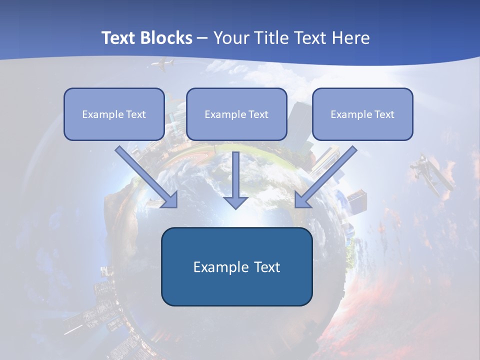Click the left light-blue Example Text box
[114, 114]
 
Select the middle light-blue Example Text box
[236, 114]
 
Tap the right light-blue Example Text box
[362, 114]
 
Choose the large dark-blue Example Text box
[236, 266]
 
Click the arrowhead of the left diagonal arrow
[170, 200]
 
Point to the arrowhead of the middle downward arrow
[236, 202]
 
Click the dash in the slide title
[203, 38]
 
